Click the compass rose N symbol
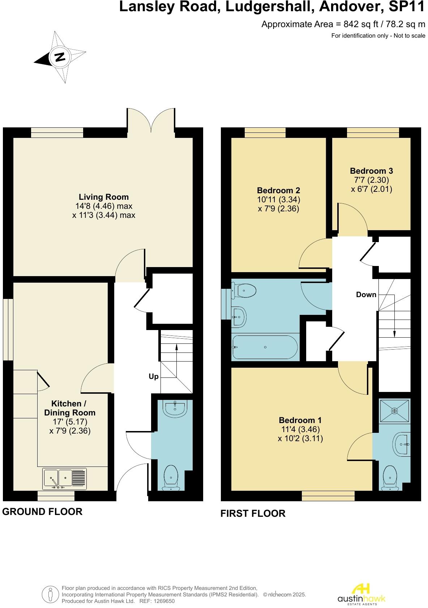pos(60,57)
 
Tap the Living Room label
pos(103,197)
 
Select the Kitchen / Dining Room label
pos(70,408)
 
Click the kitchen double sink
pos(65,478)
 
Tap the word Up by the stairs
pos(154,376)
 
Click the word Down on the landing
pos(366,295)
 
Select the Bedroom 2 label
pos(278,190)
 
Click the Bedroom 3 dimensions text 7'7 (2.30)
pos(371,180)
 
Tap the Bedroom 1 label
pos(300,420)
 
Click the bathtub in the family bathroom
pos(265,347)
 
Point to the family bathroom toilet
pos(245,290)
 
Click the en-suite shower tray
pos(394,411)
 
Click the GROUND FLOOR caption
pos(42,511)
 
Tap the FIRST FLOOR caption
pos(253,513)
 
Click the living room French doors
pos(151,121)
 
